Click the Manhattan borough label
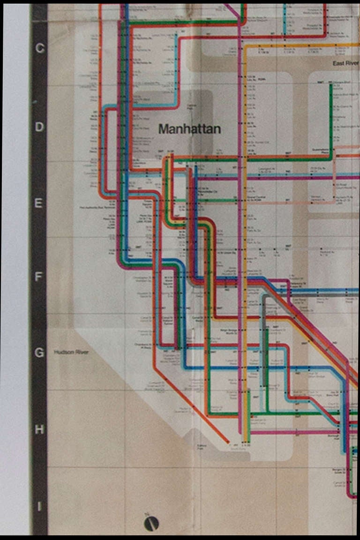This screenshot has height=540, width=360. point(189,129)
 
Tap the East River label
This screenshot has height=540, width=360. point(345,63)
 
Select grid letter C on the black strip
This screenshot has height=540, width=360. point(40,48)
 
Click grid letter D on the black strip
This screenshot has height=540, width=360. point(40,127)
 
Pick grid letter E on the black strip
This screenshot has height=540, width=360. point(40,203)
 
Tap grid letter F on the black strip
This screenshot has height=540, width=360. point(40,277)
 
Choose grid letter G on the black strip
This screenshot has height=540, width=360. point(40,352)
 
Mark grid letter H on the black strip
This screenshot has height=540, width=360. point(40,429)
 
